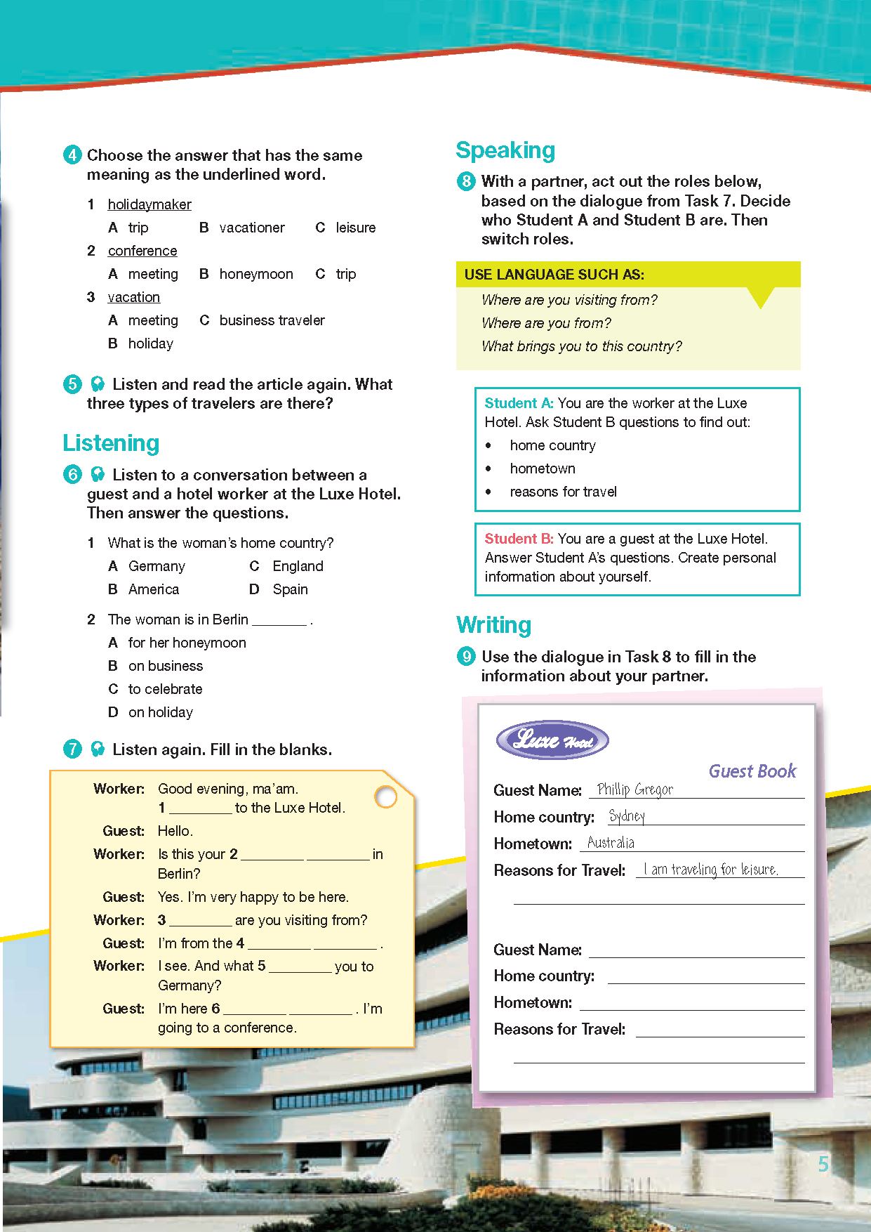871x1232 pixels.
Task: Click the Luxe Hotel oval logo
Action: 552,740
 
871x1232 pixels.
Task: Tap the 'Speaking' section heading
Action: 505,150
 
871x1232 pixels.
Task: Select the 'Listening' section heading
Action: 111,443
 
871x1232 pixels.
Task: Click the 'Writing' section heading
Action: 493,625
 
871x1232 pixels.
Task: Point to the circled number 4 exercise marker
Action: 72,155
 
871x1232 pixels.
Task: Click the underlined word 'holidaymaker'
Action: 149,204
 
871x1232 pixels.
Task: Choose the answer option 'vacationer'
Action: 252,228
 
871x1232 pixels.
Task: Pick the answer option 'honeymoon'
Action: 256,274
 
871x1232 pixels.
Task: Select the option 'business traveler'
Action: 272,320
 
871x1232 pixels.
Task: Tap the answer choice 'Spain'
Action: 290,589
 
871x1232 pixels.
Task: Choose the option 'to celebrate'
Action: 165,689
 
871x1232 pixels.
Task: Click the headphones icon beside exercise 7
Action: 98,749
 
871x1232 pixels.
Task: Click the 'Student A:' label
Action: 519,403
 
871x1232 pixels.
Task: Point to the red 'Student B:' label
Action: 519,539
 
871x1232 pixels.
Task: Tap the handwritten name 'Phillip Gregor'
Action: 634,789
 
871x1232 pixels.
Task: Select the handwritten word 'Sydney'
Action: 627,816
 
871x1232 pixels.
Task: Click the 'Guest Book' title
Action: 752,771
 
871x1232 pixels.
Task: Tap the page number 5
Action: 823,1164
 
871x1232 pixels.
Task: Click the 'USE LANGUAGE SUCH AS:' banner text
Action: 554,275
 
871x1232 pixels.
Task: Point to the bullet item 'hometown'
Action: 543,468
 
